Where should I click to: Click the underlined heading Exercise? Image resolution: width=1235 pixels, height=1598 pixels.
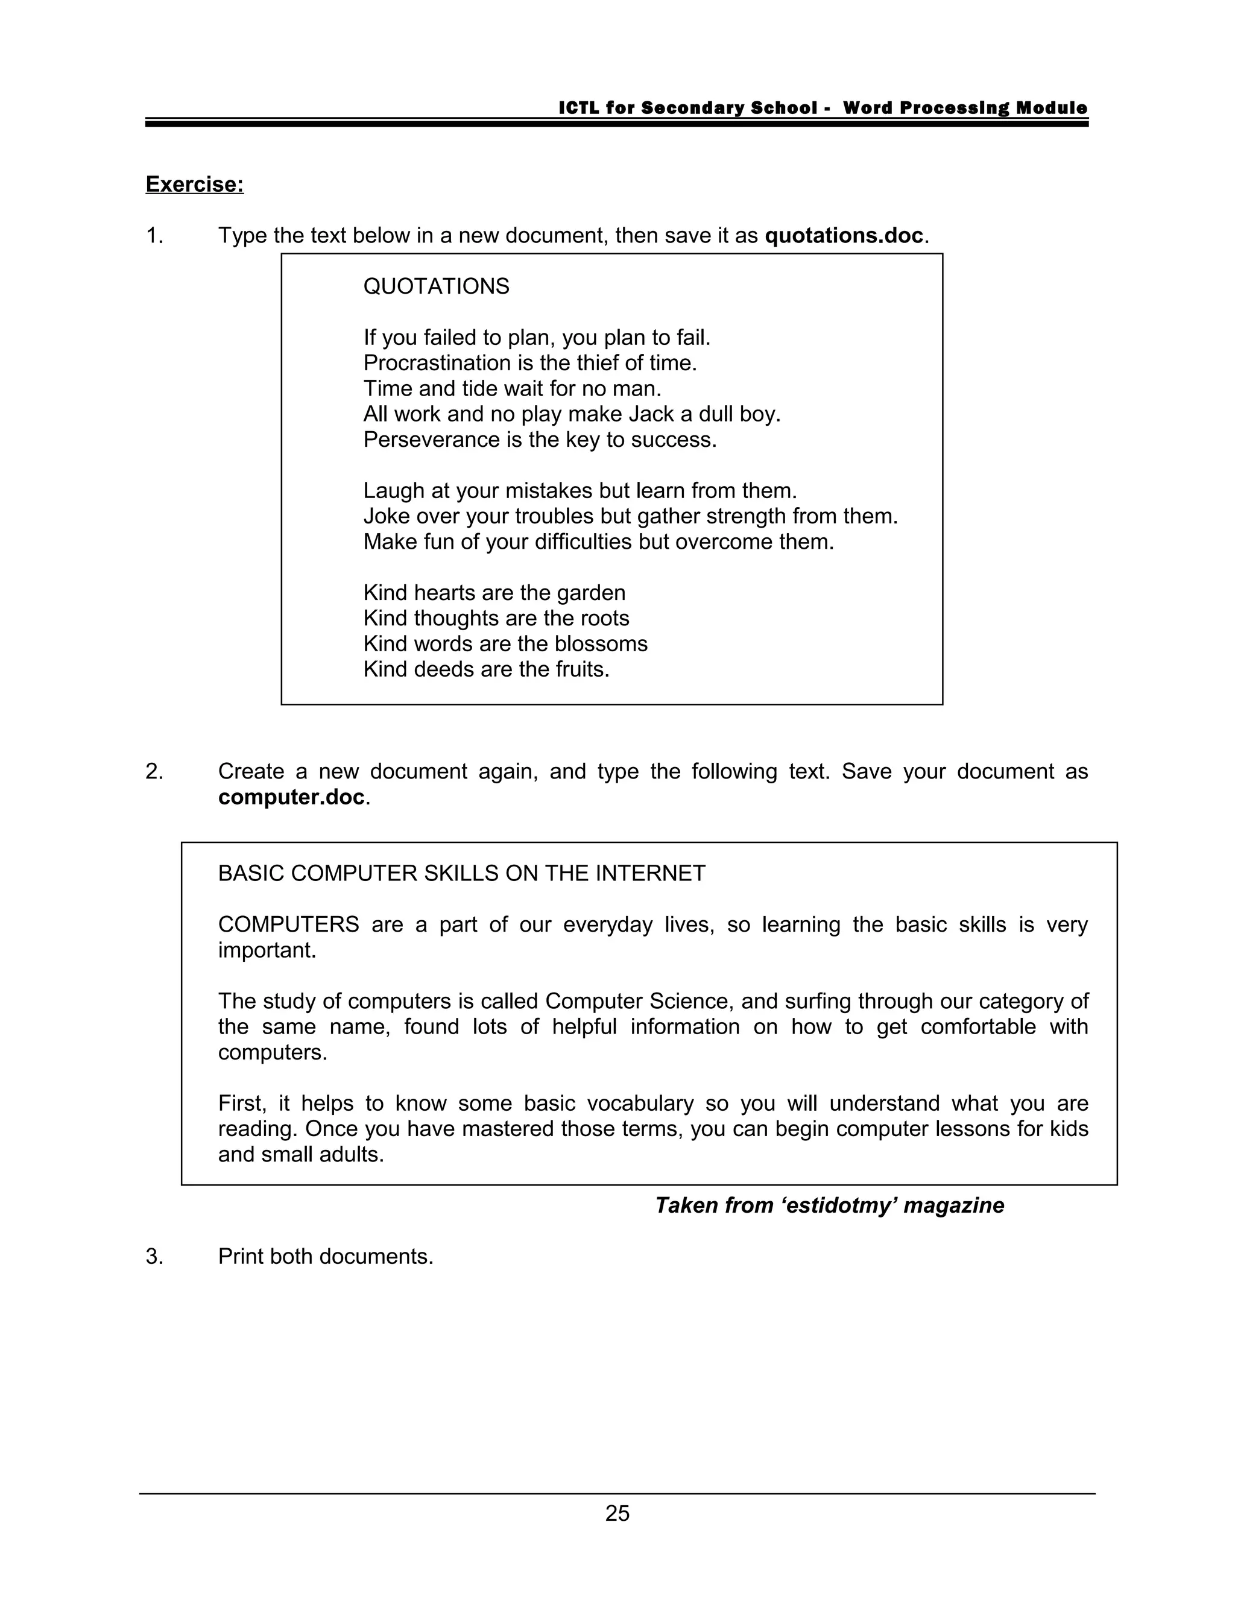[195, 185]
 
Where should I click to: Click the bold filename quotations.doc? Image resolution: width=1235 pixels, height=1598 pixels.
[844, 236]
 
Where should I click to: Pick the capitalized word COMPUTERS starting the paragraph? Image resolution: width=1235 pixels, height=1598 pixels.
[288, 925]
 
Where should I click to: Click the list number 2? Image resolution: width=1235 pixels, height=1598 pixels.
[154, 771]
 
